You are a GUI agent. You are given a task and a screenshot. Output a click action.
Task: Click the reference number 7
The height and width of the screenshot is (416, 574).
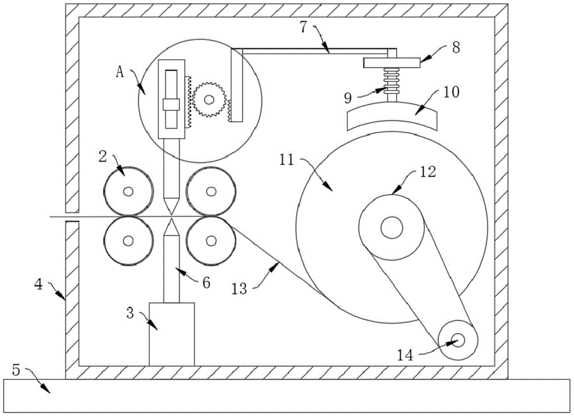coord(304,27)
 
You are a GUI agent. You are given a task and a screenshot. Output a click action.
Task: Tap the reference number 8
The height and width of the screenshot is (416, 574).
coord(456,48)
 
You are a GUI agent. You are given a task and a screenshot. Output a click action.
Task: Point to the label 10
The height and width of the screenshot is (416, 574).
coord(451,92)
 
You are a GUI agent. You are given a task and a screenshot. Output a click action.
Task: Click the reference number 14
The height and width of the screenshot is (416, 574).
coord(406,355)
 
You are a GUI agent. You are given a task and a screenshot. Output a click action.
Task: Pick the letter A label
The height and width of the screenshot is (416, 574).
coord(120,72)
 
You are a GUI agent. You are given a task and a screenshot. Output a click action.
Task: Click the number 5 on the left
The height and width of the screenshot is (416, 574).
coord(15,370)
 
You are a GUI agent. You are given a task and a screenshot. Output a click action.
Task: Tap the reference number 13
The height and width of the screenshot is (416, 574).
coord(239,289)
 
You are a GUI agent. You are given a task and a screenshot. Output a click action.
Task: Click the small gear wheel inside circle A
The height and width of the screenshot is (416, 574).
coord(209,99)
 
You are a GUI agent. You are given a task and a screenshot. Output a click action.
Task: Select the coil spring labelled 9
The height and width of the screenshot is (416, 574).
coord(391,82)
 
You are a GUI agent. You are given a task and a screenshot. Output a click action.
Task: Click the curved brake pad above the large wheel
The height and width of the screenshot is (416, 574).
coord(391,115)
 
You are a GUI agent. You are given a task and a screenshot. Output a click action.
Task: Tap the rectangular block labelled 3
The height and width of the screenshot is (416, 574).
coord(172,334)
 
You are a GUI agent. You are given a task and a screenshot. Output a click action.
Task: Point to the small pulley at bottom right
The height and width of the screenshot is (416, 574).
coord(457,340)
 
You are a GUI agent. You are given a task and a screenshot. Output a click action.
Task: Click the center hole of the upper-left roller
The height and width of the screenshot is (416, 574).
coord(128,191)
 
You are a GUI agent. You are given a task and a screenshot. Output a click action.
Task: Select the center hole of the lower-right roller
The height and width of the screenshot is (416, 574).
coord(211,240)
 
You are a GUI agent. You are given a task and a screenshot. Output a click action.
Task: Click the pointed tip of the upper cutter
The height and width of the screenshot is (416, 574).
coord(171,214)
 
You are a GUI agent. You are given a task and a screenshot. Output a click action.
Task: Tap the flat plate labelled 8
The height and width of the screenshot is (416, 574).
coord(391,63)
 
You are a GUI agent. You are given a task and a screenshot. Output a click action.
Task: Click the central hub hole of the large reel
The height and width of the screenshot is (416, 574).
coord(391,227)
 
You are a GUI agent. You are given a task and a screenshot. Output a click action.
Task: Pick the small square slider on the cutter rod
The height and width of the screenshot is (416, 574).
coord(171,104)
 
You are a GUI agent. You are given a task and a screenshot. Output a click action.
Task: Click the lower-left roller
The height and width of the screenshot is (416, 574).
coord(128,240)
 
